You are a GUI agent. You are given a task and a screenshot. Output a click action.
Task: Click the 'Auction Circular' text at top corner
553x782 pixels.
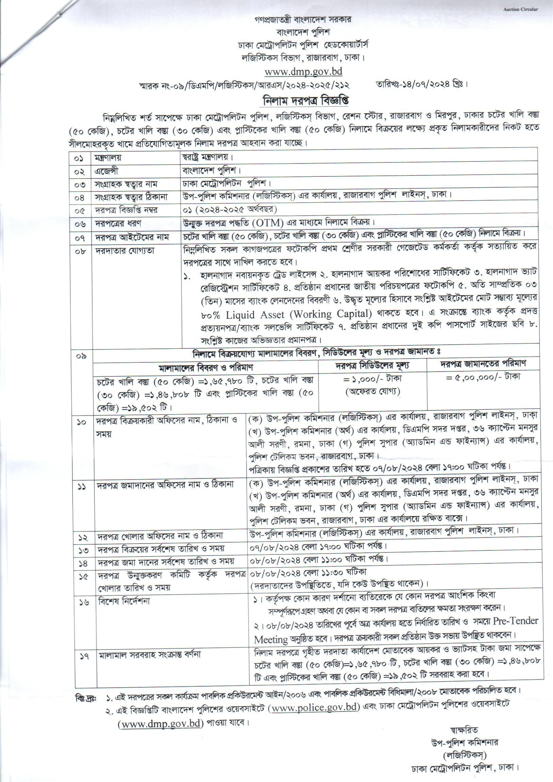[x=521, y=9]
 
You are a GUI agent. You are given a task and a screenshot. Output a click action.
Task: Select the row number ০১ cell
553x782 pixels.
[x=81, y=158]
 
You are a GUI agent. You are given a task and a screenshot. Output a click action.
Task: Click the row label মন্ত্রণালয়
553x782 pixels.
[x=108, y=158]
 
